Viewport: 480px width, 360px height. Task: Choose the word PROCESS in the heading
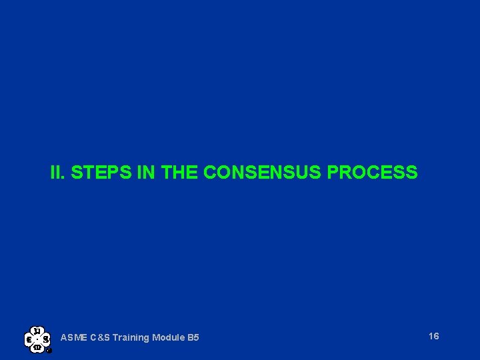(373, 173)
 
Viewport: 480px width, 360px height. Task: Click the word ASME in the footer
(73, 338)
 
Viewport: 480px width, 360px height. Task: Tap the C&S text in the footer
(101, 338)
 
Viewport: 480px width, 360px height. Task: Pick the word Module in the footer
(169, 338)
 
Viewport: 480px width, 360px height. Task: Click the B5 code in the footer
(193, 338)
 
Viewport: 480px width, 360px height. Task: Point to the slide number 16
(434, 336)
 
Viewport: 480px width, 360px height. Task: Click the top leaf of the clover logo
(38, 331)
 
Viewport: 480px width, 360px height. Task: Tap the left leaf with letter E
(30, 339)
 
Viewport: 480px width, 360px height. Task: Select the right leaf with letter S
(46, 339)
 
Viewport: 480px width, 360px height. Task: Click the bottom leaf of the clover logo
(38, 347)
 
